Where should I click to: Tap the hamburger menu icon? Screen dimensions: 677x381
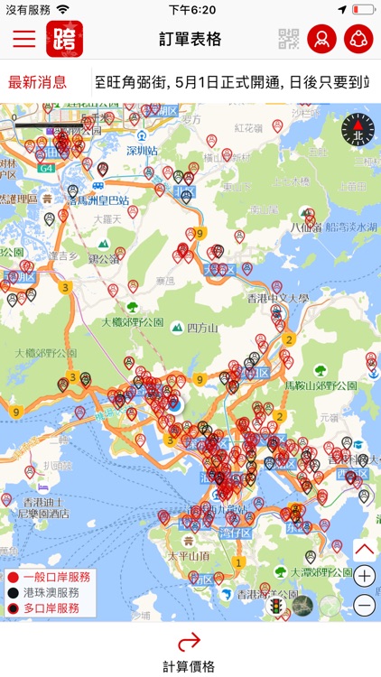24,39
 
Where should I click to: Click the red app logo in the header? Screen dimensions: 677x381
65,39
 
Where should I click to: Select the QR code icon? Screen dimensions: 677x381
288,39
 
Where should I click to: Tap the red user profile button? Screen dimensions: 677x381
321,39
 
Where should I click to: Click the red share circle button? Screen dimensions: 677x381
358,39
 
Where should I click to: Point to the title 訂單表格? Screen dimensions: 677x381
190,40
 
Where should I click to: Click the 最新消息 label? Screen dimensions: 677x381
38,82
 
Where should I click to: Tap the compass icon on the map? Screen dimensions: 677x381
357,132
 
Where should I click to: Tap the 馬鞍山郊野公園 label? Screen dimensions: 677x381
321,385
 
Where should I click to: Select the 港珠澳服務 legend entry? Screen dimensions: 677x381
51,593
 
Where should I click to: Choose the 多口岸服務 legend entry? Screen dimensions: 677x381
51,608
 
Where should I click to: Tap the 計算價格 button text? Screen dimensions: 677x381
190,666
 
